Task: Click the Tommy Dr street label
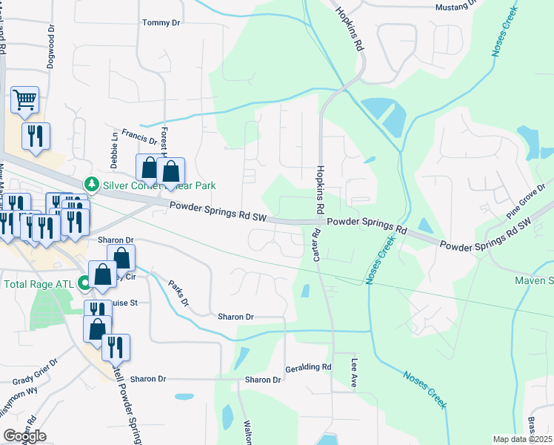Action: coord(161,23)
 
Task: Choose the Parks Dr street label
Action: coord(178,293)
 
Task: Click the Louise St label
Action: coord(124,303)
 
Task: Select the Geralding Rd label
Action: coord(307,367)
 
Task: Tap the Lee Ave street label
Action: coord(354,372)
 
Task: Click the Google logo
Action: coord(24,435)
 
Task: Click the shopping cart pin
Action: coord(24,99)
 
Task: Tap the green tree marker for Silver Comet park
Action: coord(91,182)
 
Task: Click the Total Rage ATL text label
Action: coord(41,283)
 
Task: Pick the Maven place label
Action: coord(535,280)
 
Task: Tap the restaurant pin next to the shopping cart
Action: coord(36,136)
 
